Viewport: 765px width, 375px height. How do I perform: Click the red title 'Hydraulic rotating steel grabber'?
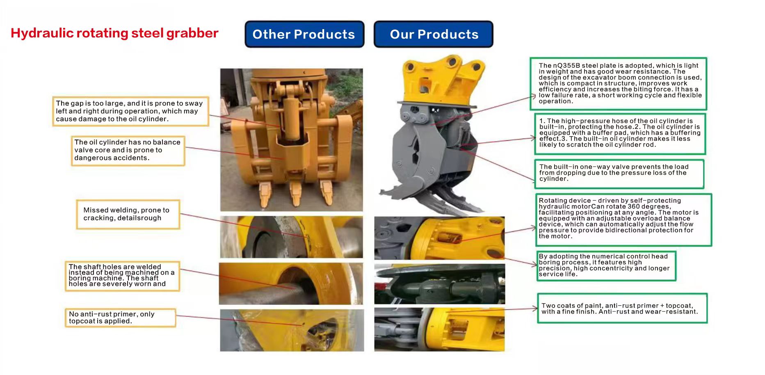[114, 33]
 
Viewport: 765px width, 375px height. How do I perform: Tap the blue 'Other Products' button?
[304, 34]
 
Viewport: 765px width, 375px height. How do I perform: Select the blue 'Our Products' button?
[434, 34]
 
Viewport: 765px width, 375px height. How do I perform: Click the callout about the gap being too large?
[130, 111]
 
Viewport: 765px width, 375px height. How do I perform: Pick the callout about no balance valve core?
[128, 151]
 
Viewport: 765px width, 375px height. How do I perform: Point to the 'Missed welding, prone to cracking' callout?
[128, 214]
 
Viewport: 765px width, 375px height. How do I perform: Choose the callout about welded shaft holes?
[122, 276]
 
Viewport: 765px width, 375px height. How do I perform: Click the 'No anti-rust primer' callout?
[121, 318]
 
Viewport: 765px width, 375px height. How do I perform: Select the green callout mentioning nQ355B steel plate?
[618, 84]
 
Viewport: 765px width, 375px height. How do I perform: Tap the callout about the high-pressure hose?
[620, 134]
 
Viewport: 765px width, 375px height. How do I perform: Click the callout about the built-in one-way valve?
[619, 174]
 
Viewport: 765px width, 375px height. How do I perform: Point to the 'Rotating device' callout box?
[623, 220]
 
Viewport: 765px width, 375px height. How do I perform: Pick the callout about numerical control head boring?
[606, 265]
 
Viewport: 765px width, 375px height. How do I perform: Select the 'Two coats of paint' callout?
[622, 308]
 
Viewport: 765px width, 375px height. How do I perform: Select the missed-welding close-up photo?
[292, 237]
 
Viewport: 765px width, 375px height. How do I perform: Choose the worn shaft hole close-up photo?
[291, 284]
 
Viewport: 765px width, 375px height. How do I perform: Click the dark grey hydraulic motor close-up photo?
[439, 284]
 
